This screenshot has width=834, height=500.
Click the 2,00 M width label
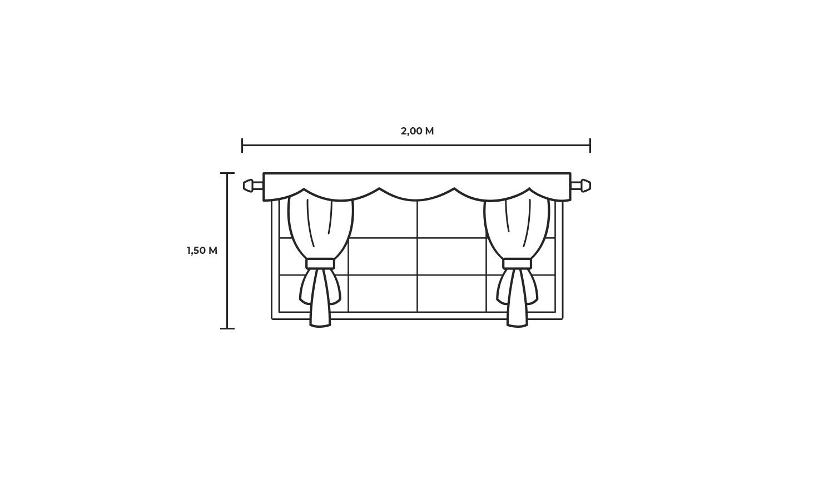tap(418, 131)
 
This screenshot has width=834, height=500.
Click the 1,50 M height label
tap(202, 251)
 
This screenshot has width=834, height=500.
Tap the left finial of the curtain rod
tap(249, 185)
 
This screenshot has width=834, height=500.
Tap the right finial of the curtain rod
tap(585, 185)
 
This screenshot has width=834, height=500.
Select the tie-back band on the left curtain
tap(320, 264)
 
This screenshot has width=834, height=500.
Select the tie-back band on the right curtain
tap(517, 264)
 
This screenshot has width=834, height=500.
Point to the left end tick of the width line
tap(242, 145)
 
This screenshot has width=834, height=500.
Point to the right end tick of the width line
tap(590, 145)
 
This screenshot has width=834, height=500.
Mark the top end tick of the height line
tap(227, 173)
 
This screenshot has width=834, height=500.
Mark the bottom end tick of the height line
tap(227, 328)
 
